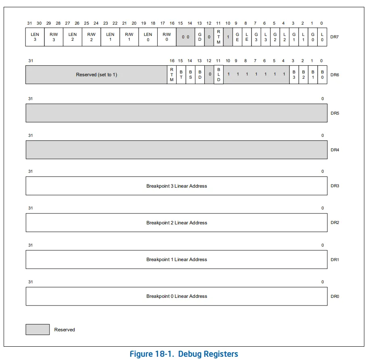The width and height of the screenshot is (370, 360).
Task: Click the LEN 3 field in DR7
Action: click(x=35, y=37)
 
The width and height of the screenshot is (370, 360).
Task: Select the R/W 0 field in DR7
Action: click(x=167, y=37)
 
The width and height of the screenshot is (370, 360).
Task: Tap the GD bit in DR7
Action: click(x=200, y=37)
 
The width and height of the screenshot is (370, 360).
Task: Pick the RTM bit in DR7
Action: click(x=218, y=37)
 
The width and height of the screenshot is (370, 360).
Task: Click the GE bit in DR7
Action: click(x=237, y=37)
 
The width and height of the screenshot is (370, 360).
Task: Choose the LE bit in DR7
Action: click(x=247, y=37)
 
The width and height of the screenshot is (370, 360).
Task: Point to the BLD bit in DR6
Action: click(x=219, y=75)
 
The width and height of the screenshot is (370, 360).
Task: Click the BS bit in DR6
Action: click(x=190, y=75)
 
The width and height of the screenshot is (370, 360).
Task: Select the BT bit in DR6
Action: click(x=181, y=75)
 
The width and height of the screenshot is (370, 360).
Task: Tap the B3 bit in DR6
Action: click(x=294, y=75)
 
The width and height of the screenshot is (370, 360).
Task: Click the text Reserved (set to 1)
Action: click(x=96, y=75)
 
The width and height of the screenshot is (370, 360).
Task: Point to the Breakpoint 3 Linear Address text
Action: click(x=177, y=186)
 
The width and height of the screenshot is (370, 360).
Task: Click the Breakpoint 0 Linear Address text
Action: click(x=177, y=296)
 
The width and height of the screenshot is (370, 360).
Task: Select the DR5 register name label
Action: click(x=335, y=113)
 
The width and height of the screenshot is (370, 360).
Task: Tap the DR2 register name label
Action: click(x=335, y=222)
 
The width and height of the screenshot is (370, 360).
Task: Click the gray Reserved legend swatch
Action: click(x=37, y=329)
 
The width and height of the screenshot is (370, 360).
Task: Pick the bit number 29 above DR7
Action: click(x=49, y=23)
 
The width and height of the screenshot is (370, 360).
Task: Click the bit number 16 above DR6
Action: click(x=172, y=61)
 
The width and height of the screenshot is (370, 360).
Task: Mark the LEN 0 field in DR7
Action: click(x=148, y=37)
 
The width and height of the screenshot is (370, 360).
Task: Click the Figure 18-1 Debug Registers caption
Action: click(x=184, y=354)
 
